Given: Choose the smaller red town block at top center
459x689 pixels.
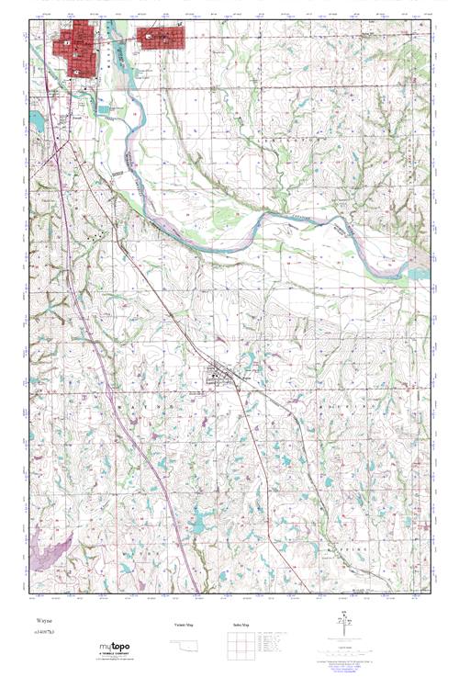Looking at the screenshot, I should pyautogui.click(x=161, y=38).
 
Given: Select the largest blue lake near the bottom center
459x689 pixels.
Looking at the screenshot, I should pyautogui.click(x=197, y=524).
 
